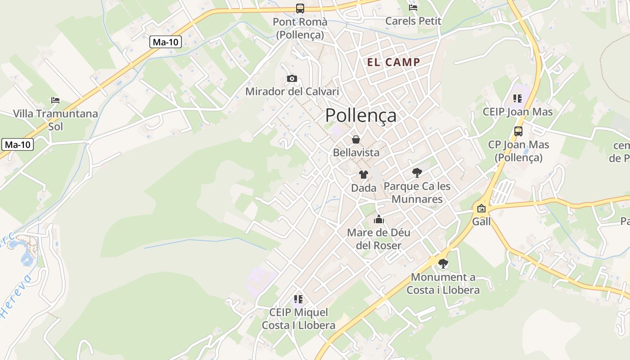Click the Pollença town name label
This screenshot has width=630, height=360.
click(361, 115)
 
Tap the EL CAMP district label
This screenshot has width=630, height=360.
click(394, 62)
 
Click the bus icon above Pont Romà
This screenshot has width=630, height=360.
click(300, 8)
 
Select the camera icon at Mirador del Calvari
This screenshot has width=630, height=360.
click(292, 79)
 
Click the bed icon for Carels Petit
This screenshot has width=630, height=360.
click(413, 7)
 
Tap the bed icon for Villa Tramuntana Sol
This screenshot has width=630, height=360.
click(55, 100)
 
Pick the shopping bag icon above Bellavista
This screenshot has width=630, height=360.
click(356, 139)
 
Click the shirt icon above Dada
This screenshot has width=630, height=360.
click(364, 175)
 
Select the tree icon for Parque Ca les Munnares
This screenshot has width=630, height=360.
click(417, 172)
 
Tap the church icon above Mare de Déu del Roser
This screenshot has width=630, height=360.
click(379, 219)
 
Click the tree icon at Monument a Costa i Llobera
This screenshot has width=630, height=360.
click(443, 264)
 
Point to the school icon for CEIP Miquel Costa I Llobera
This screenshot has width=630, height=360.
click(298, 299)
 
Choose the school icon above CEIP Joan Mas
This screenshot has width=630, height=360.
click(517, 98)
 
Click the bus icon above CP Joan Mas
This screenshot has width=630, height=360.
click(518, 131)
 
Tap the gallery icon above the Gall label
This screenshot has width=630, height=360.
click(481, 208)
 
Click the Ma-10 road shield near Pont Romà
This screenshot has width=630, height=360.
click(166, 42)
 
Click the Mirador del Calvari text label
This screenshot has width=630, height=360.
click(292, 91)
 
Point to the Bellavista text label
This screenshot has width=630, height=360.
click(356, 153)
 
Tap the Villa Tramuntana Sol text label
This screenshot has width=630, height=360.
click(55, 120)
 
